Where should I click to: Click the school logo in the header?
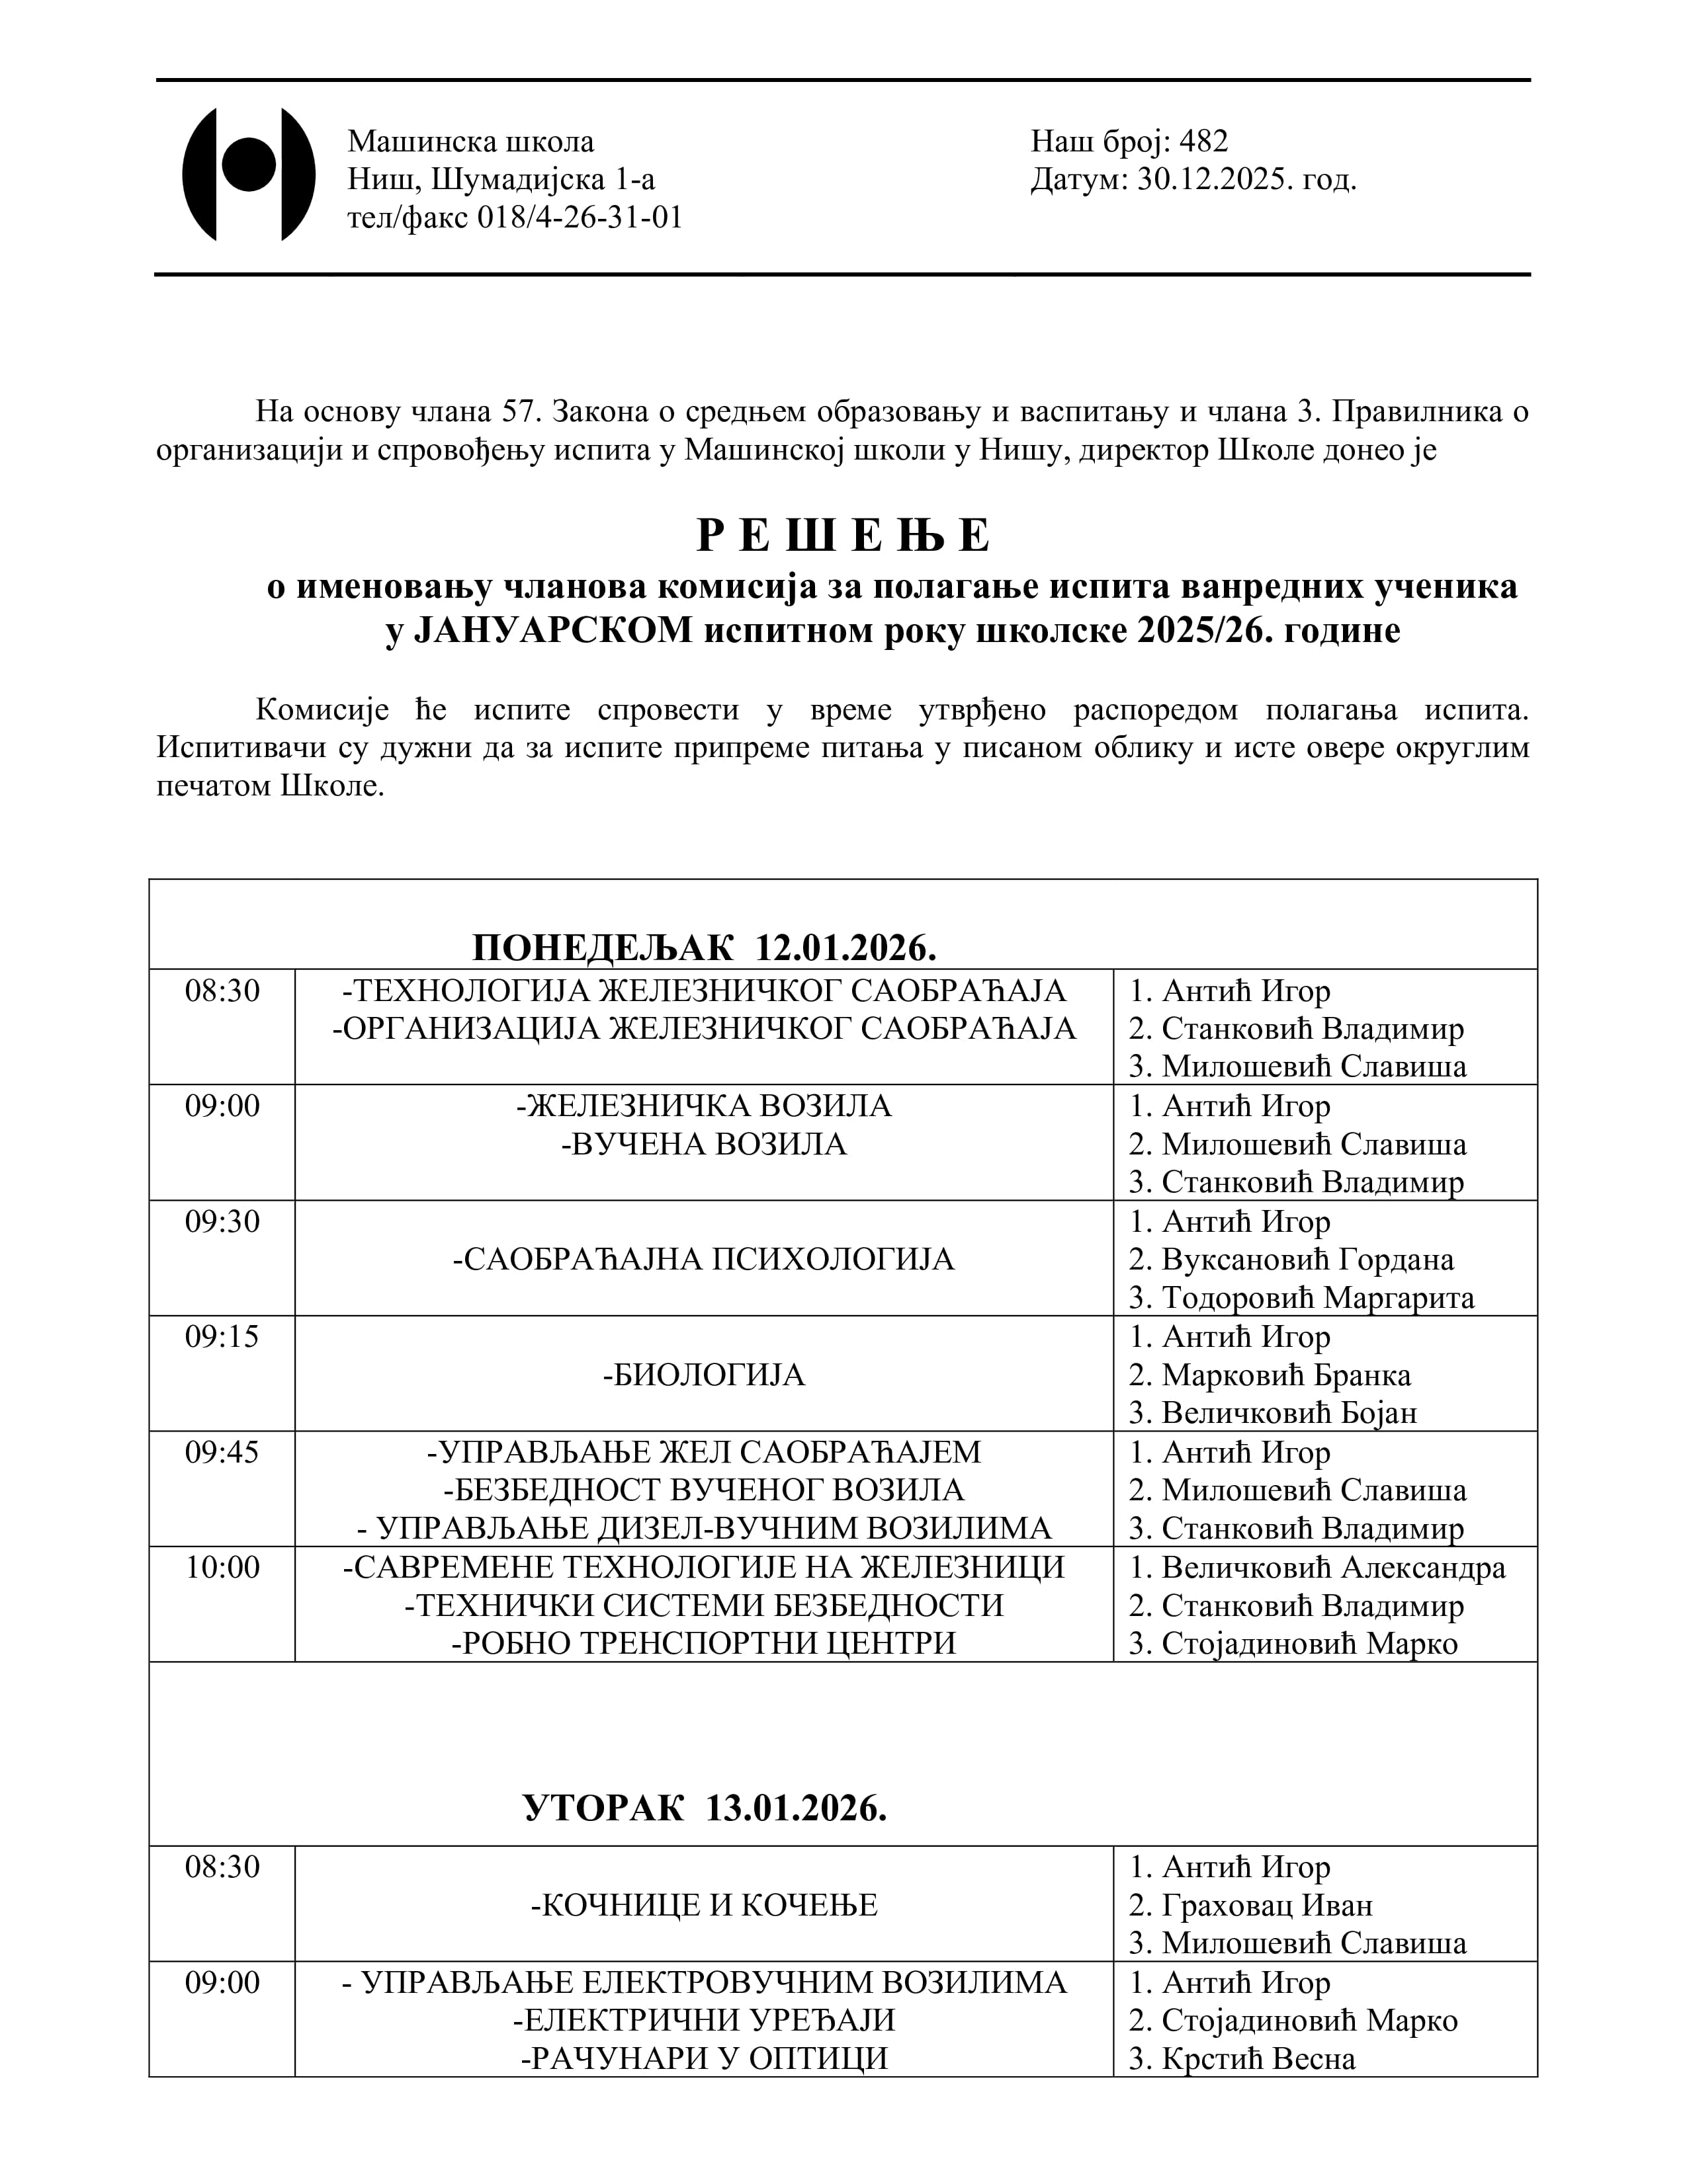[x=248, y=174]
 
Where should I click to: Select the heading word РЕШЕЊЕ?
[x=842, y=536]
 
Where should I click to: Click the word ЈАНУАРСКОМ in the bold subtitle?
[x=552, y=631]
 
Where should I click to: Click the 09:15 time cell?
[x=222, y=1337]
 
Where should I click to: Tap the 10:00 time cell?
[x=222, y=1566]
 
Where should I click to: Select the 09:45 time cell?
[x=222, y=1451]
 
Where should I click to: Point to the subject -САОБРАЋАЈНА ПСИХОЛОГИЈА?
[x=704, y=1259]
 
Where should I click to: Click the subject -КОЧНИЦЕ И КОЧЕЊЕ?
[x=704, y=1905]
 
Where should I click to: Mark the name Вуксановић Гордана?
[x=1307, y=1260]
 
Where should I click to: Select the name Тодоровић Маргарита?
[x=1317, y=1298]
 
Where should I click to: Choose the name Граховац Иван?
[x=1266, y=1905]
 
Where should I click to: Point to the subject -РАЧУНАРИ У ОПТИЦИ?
[x=704, y=2059]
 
